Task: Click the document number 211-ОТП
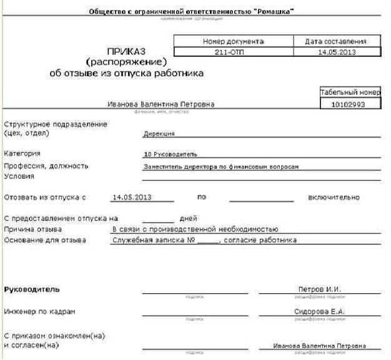[234, 52]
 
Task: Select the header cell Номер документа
[234, 41]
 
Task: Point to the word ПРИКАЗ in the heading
[126, 52]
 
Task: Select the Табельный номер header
[350, 92]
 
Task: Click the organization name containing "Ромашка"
[192, 12]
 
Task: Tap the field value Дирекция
[159, 133]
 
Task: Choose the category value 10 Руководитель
[171, 153]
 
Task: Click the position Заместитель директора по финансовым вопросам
[222, 167]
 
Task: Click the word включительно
[334, 198]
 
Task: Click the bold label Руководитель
[32, 289]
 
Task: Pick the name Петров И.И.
[320, 289]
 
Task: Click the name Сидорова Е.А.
[319, 311]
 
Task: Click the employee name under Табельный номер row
[161, 104]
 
